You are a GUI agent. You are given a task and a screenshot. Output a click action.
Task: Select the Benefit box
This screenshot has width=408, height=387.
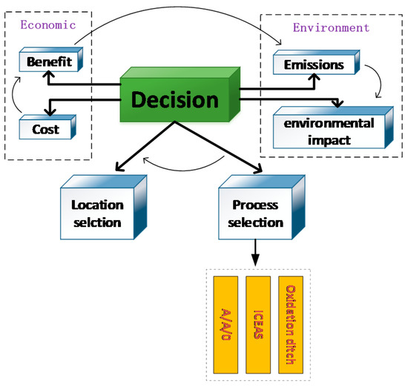[49, 62]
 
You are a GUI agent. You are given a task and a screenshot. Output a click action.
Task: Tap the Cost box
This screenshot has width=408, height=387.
[45, 128]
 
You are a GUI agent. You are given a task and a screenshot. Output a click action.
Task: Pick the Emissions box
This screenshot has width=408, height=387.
[315, 65]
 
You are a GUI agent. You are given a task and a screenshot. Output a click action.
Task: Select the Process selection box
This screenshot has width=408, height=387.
[251, 214]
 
